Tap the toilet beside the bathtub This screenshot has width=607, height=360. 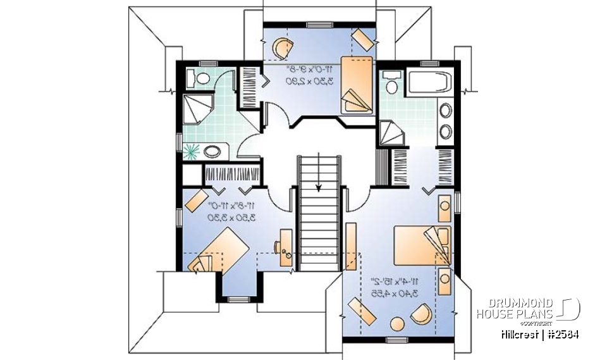391,86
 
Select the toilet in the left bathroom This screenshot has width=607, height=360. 201,78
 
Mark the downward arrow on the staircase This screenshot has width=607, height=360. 320,185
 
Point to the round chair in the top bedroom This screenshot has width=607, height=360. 285,47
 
